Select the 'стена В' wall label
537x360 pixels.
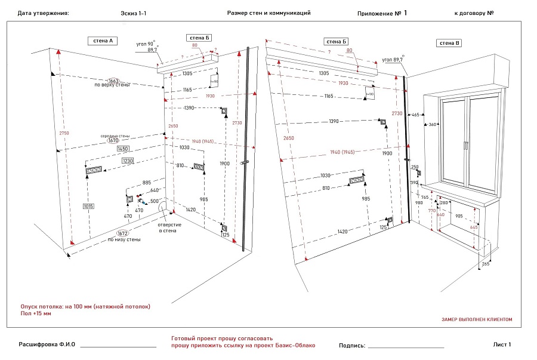(449, 43)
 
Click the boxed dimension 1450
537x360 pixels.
(124, 148)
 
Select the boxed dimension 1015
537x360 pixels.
(89, 206)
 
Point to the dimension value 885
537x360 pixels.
(147, 182)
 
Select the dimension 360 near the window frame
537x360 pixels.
(433, 125)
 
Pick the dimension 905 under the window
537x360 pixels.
(459, 216)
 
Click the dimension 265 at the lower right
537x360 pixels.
(485, 263)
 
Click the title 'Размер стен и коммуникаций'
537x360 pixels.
(269, 13)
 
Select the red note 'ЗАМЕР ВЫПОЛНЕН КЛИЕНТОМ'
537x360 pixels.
(477, 319)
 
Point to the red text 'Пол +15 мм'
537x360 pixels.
(36, 313)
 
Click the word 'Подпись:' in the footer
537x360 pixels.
(351, 345)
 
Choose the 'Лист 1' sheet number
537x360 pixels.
(502, 344)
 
